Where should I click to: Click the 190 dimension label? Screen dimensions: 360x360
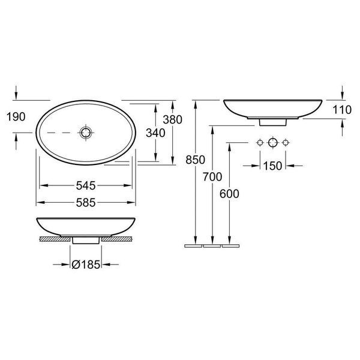coord(16,116)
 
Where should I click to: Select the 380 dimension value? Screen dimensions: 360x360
coord(173,119)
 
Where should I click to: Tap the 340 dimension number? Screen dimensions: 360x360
coord(155,133)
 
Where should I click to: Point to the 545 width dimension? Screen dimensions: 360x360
coord(86,185)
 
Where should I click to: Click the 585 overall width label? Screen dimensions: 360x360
coord(86,203)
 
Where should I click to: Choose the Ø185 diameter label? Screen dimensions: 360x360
coord(86,265)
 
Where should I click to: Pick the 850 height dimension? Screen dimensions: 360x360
coord(196,160)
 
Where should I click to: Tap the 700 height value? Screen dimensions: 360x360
coord(212,177)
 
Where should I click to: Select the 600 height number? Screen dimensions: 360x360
coord(229,194)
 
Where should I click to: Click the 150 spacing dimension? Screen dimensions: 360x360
coord(272,166)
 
